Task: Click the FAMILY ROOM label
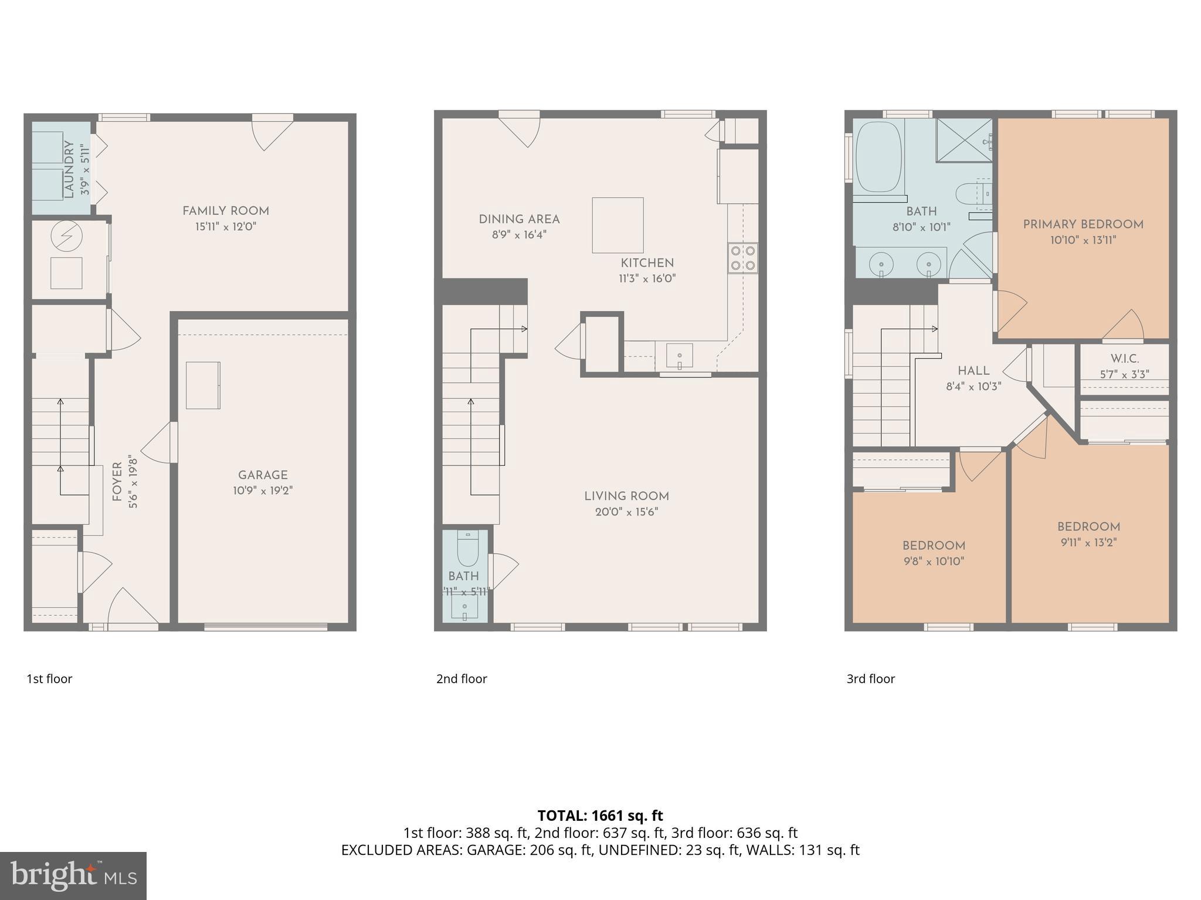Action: (225, 211)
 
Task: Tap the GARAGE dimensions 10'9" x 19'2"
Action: (263, 491)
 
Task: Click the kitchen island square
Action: (618, 225)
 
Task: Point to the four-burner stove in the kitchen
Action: (742, 258)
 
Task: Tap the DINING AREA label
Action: (519, 219)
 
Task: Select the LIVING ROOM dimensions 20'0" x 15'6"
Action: (626, 512)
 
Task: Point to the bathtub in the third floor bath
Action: (878, 157)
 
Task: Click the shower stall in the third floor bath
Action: (963, 140)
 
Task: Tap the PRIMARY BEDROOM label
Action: (1083, 224)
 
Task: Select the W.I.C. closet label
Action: (1124, 359)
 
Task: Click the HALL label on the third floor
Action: (973, 371)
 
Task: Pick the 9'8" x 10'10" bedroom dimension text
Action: (934, 561)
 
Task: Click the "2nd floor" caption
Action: (462, 679)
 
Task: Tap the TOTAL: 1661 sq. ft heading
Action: (600, 816)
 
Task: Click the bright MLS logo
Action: (73, 876)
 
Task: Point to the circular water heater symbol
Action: (66, 237)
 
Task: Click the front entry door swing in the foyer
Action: (132, 606)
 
